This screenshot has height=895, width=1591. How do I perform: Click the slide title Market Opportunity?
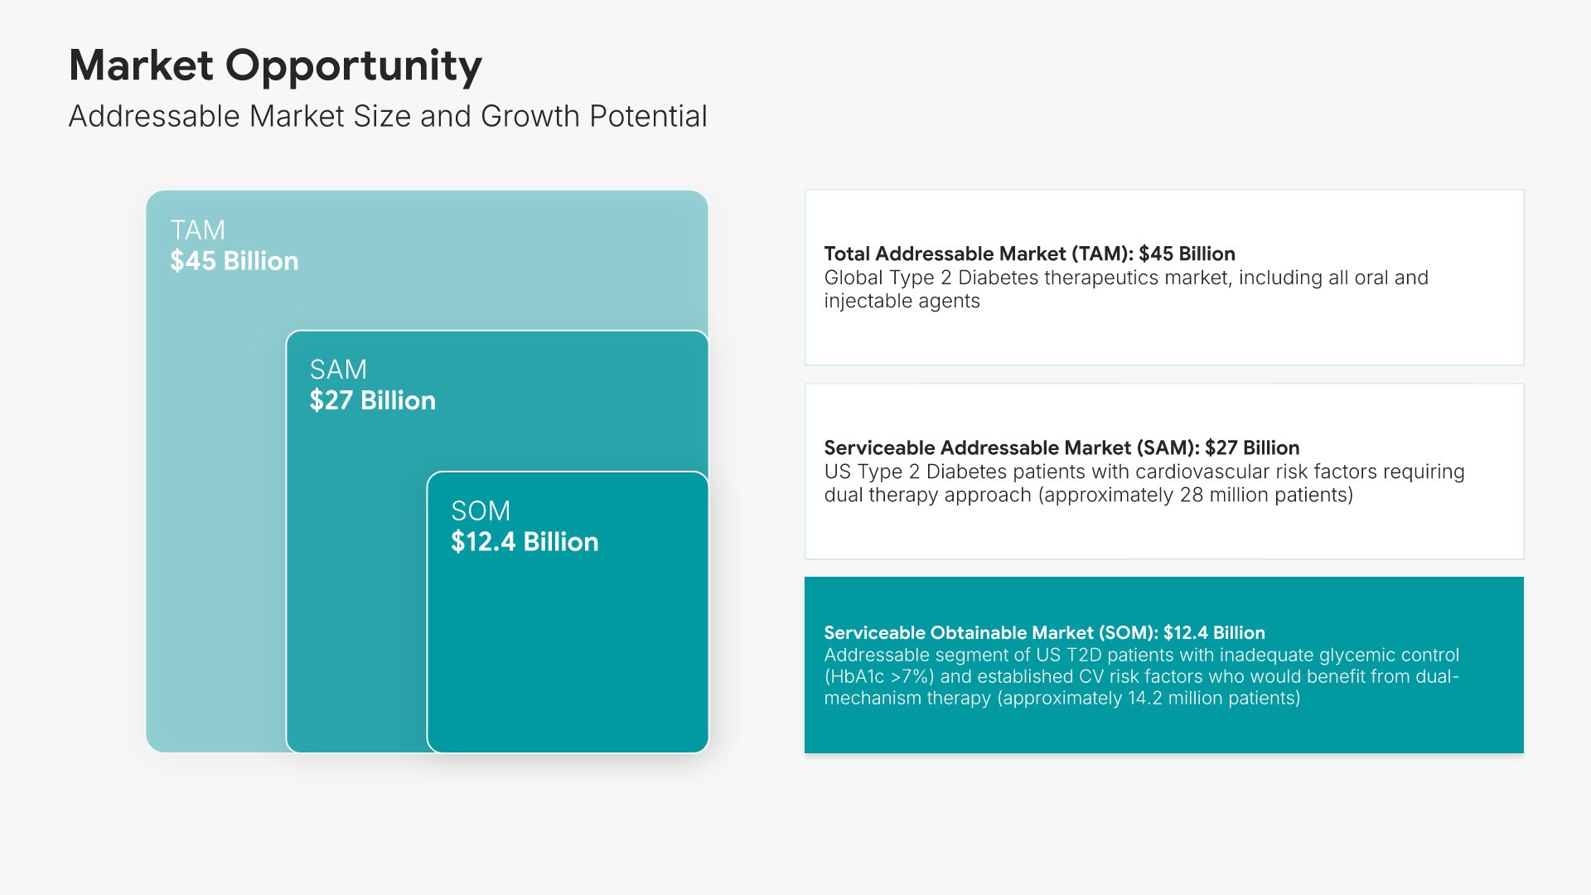pyautogui.click(x=275, y=65)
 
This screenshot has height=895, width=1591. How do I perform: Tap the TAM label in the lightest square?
pyautogui.click(x=198, y=230)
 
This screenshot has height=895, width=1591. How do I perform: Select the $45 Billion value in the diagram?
pyautogui.click(x=235, y=261)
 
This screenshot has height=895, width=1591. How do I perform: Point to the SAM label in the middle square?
pyautogui.click(x=338, y=370)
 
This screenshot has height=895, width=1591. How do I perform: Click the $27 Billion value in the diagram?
pyautogui.click(x=373, y=400)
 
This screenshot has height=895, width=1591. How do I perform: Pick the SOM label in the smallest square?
pyautogui.click(x=481, y=510)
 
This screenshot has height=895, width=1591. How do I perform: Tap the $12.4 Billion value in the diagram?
pyautogui.click(x=525, y=542)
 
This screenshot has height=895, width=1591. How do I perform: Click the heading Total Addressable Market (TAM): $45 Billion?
pyautogui.click(x=1029, y=254)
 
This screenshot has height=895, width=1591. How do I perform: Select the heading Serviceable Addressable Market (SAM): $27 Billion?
pyautogui.click(x=1061, y=447)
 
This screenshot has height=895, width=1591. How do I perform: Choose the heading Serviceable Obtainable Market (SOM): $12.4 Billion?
pyautogui.click(x=1044, y=632)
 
